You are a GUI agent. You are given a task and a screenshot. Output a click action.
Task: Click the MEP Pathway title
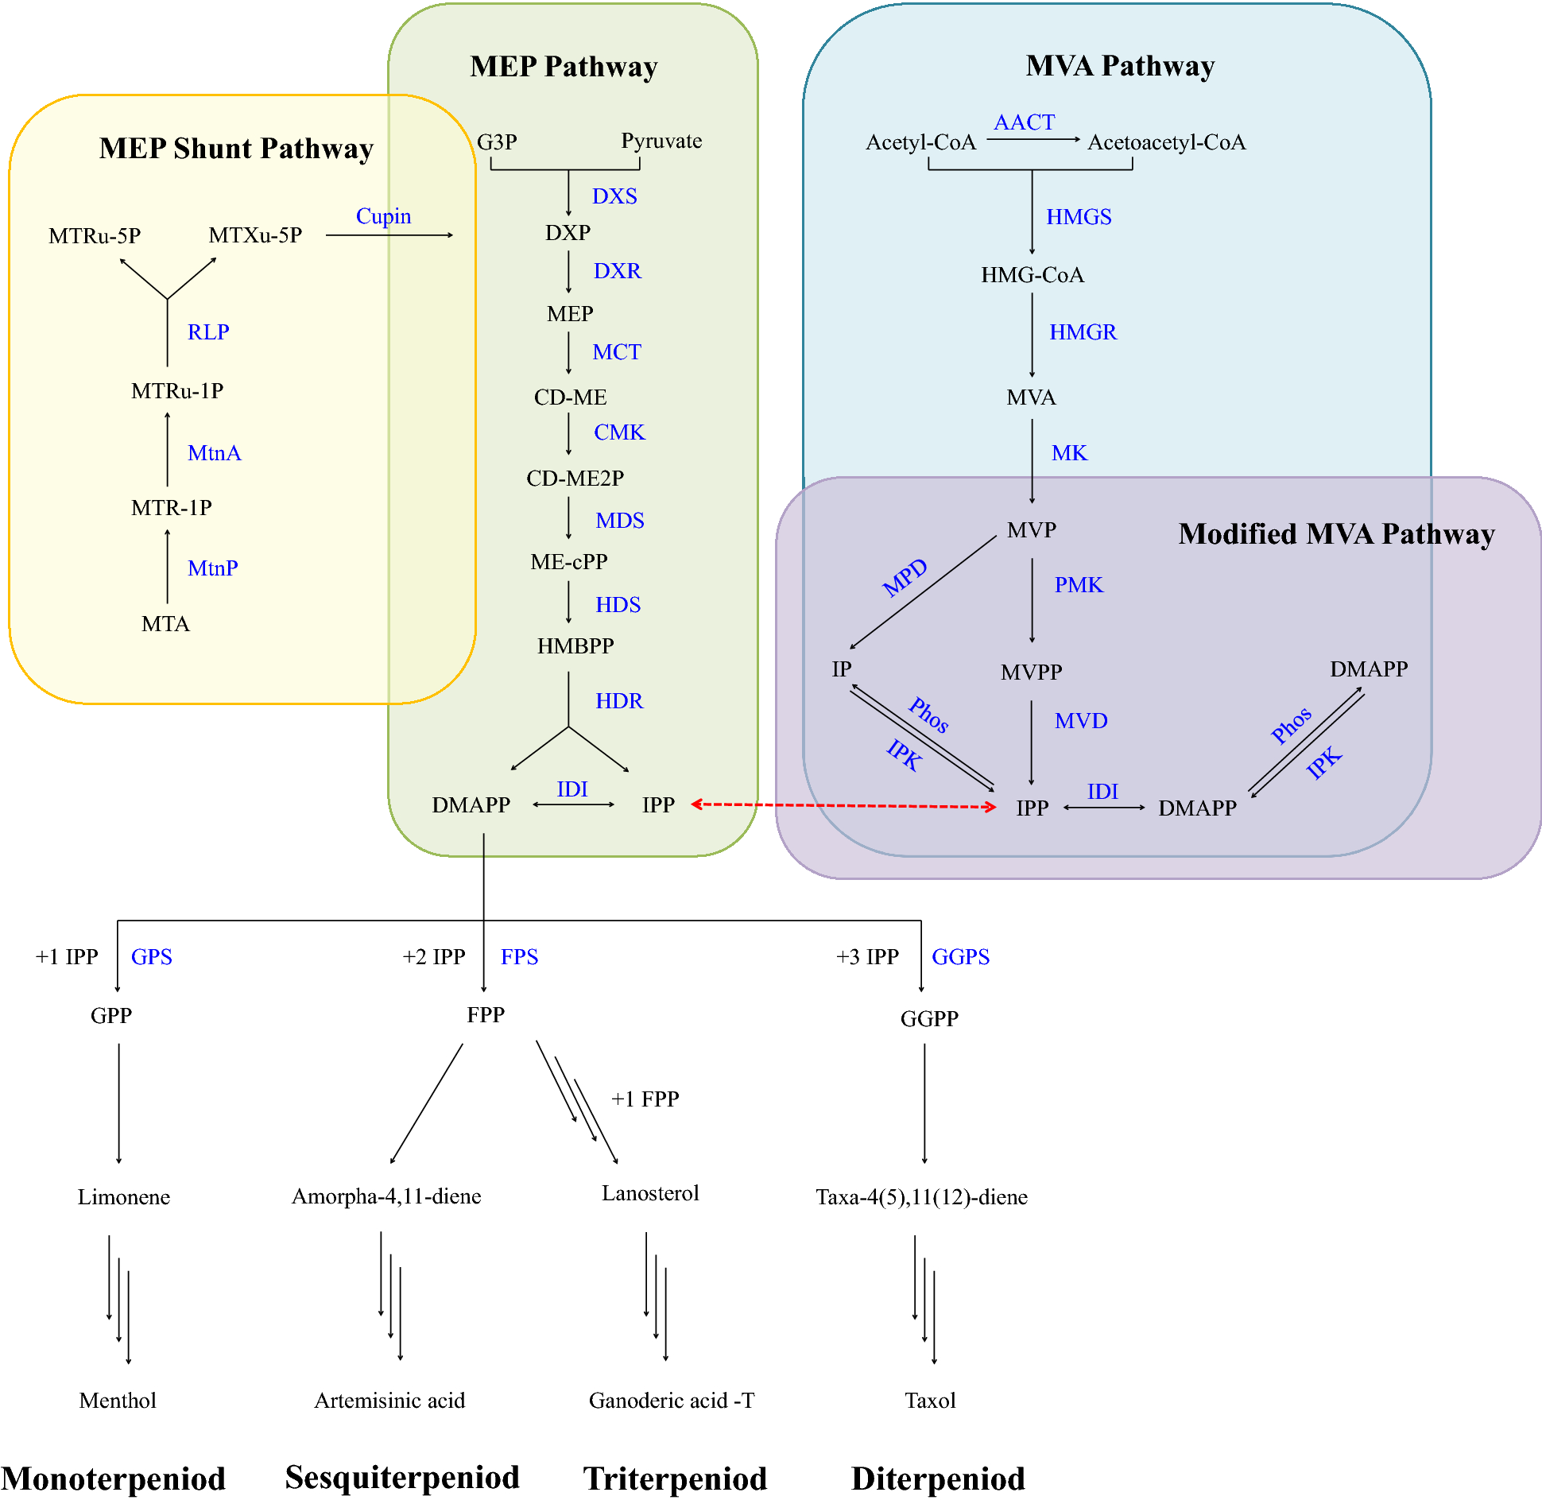click(x=564, y=67)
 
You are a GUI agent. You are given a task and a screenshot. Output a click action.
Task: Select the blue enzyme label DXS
click(x=614, y=196)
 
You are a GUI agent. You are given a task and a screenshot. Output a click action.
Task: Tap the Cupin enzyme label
click(x=383, y=216)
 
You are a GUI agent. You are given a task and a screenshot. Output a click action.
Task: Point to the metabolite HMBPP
click(x=575, y=645)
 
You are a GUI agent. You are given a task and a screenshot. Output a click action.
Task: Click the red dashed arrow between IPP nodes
click(x=843, y=805)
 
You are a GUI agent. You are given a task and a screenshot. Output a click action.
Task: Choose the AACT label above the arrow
click(x=1024, y=122)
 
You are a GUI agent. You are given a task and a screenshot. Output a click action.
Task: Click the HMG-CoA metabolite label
click(x=1032, y=275)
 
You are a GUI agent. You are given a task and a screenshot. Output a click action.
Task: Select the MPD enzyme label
click(x=905, y=577)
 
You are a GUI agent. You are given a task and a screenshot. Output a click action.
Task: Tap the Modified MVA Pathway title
click(x=1336, y=533)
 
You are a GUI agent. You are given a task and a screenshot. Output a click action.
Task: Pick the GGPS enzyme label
click(x=960, y=956)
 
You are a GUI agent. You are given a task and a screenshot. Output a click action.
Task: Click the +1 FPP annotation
click(x=645, y=1099)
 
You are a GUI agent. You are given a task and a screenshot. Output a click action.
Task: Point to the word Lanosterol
click(x=650, y=1193)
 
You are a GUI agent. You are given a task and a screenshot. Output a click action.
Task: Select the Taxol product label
click(x=930, y=1400)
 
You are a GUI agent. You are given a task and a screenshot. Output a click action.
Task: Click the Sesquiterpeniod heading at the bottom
click(x=402, y=1477)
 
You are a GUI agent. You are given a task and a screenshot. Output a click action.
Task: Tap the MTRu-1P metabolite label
click(x=177, y=391)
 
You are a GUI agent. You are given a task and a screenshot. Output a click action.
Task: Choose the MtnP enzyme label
click(x=212, y=568)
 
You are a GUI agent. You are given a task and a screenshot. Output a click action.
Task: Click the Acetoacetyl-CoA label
click(x=1166, y=142)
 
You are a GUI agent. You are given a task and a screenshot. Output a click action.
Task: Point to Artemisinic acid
click(x=389, y=1400)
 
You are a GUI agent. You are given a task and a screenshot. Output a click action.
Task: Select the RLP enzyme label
click(x=208, y=332)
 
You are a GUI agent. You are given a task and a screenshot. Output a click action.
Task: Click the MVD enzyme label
click(x=1080, y=721)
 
